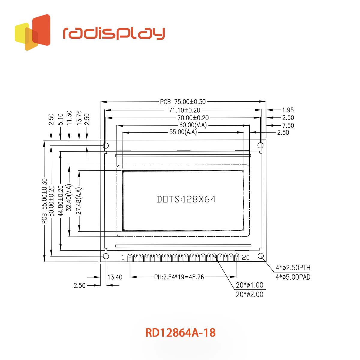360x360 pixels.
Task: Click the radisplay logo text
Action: tap(114, 33)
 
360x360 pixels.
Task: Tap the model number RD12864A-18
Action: tap(180, 333)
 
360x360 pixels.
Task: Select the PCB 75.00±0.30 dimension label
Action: tap(183, 102)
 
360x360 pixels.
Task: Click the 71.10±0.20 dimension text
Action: tap(184, 110)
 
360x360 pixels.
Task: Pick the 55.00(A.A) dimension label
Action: tap(183, 132)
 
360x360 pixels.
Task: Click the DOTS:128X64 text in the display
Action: tap(186, 199)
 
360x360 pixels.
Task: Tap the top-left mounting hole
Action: tap(106, 145)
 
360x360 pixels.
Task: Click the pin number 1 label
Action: tap(123, 257)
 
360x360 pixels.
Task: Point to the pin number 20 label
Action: tap(246, 257)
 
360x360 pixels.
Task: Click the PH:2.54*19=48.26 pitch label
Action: tap(179, 277)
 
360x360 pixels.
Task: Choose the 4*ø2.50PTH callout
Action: tap(293, 268)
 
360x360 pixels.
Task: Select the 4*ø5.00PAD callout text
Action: tap(293, 277)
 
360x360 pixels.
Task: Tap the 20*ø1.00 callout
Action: tap(249, 285)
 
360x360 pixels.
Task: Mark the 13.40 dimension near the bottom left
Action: tap(115, 277)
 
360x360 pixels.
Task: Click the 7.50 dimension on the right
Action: tap(288, 125)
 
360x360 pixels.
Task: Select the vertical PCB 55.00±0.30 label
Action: tap(44, 201)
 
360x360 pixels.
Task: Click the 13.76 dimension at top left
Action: tap(79, 118)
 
